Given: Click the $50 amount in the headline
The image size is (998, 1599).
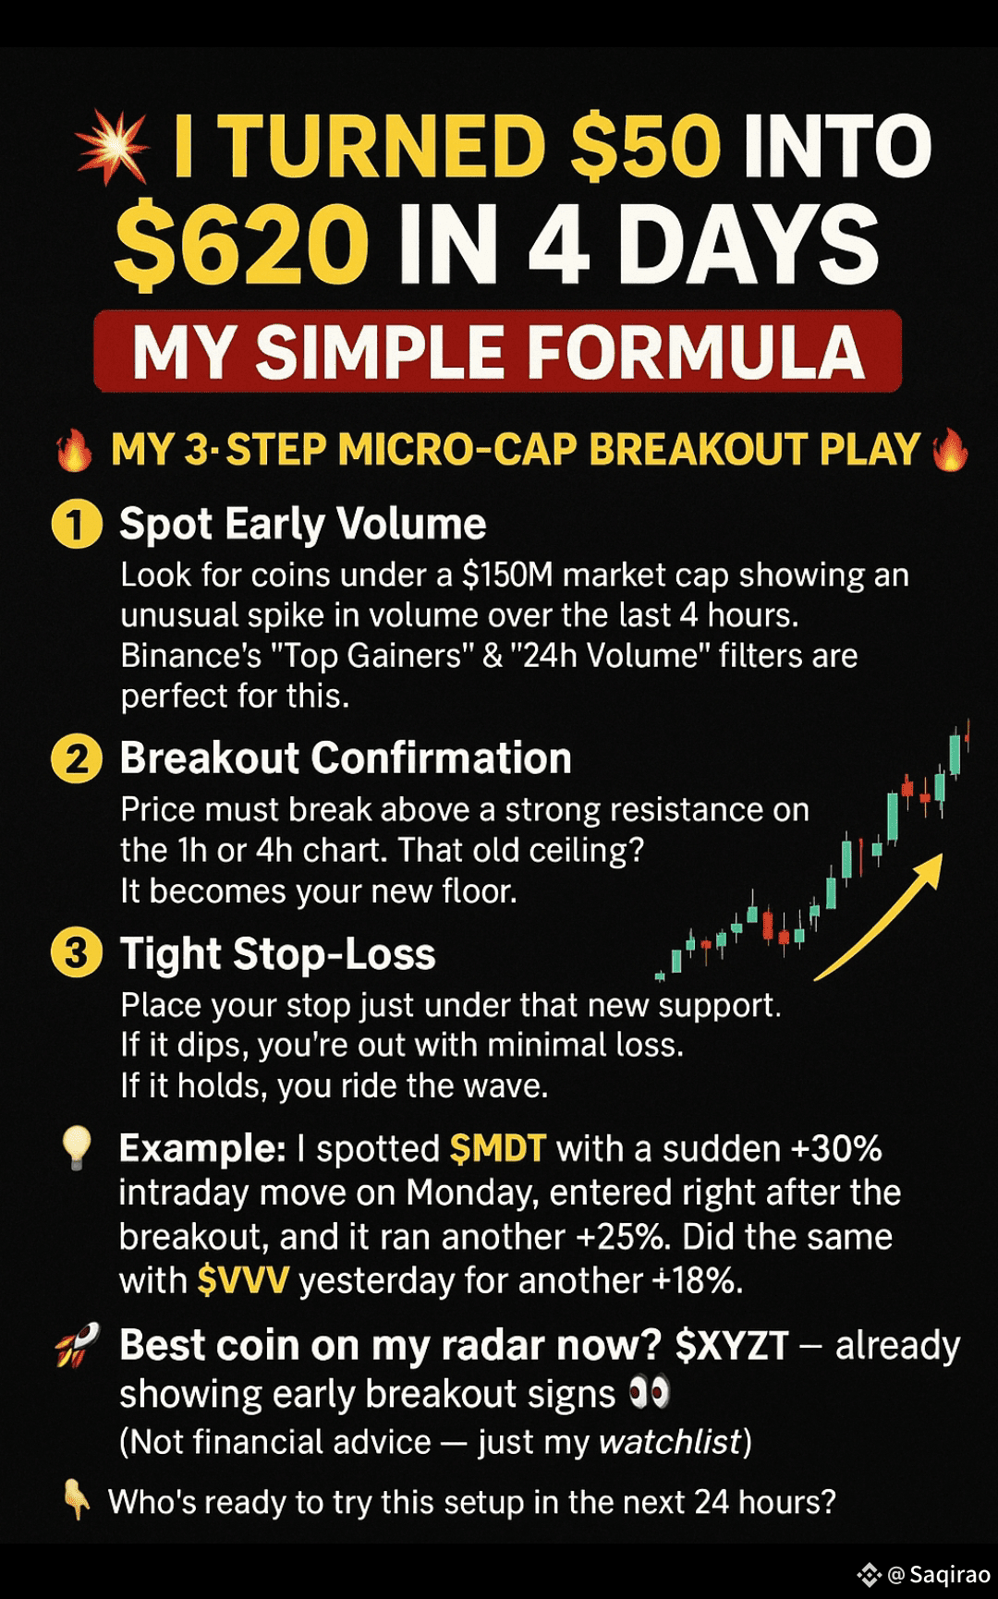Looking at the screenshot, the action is (x=644, y=147).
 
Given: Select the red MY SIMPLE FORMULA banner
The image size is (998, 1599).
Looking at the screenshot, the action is (x=497, y=352).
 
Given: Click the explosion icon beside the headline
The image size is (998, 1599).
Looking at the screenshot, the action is (x=113, y=148).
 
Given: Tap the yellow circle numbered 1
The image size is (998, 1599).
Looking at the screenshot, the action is (x=76, y=525).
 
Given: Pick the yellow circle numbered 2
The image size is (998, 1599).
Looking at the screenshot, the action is (x=76, y=759).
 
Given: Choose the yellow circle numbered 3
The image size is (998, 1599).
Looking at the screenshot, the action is (x=76, y=954).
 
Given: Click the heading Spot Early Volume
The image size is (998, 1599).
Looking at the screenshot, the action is (x=302, y=525).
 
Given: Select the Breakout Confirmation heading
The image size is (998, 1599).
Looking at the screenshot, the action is (x=346, y=758).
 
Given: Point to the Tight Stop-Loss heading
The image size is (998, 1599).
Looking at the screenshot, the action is (x=277, y=954).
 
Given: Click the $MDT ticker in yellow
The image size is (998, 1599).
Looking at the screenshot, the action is (x=497, y=1148).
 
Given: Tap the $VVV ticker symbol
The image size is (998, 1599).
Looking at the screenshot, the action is (x=243, y=1281).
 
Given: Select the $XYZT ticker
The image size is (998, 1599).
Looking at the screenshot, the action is (x=732, y=1346).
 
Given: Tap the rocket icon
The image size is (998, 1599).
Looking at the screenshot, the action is (x=78, y=1346).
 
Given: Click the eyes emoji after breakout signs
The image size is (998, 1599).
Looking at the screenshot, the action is (x=649, y=1393).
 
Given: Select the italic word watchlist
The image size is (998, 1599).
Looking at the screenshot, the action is (x=671, y=1442).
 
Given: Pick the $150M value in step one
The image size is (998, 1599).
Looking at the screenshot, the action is (x=507, y=575).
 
